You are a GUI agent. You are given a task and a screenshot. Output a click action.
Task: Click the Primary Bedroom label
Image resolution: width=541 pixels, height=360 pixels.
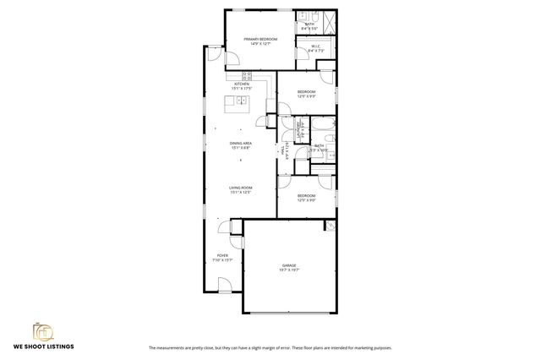260,39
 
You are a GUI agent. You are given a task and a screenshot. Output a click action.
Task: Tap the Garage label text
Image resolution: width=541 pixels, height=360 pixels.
289,265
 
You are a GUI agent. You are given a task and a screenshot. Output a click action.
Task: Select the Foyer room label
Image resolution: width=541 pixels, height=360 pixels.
222,255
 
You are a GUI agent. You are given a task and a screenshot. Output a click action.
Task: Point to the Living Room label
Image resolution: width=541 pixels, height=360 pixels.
241,188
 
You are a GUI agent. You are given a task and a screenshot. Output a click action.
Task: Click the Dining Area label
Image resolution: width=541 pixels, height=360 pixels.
241,144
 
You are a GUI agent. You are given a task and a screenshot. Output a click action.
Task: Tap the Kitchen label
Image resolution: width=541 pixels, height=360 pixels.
242,84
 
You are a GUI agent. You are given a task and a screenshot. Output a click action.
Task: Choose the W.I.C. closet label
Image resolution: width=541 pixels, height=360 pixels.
314,46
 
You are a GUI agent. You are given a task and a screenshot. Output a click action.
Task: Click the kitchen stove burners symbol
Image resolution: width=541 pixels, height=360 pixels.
247,75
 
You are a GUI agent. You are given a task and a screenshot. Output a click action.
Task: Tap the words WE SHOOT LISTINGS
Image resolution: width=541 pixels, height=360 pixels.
43,346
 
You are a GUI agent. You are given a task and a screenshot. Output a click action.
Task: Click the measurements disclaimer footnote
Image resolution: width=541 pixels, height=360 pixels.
270,347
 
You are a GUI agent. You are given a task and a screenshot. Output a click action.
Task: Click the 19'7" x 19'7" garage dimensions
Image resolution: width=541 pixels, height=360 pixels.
289,270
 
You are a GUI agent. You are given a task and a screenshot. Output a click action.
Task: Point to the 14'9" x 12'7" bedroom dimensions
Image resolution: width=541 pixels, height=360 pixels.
260,44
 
